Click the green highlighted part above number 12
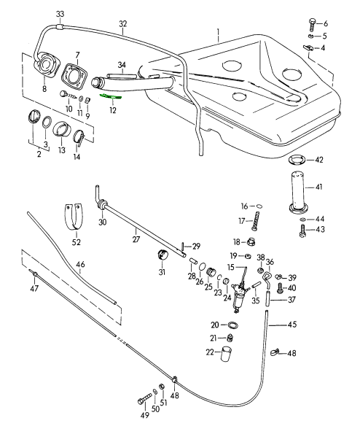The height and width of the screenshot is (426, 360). pos(111,96)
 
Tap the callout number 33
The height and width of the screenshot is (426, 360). pos(60,14)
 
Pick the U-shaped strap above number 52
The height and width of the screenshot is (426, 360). pos(74,217)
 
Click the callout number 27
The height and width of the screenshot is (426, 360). pos(136,239)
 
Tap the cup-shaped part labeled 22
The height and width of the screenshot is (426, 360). pos(226,354)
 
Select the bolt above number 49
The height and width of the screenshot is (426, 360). pos(144,396)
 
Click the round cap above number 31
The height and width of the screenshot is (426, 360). pos(163,254)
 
